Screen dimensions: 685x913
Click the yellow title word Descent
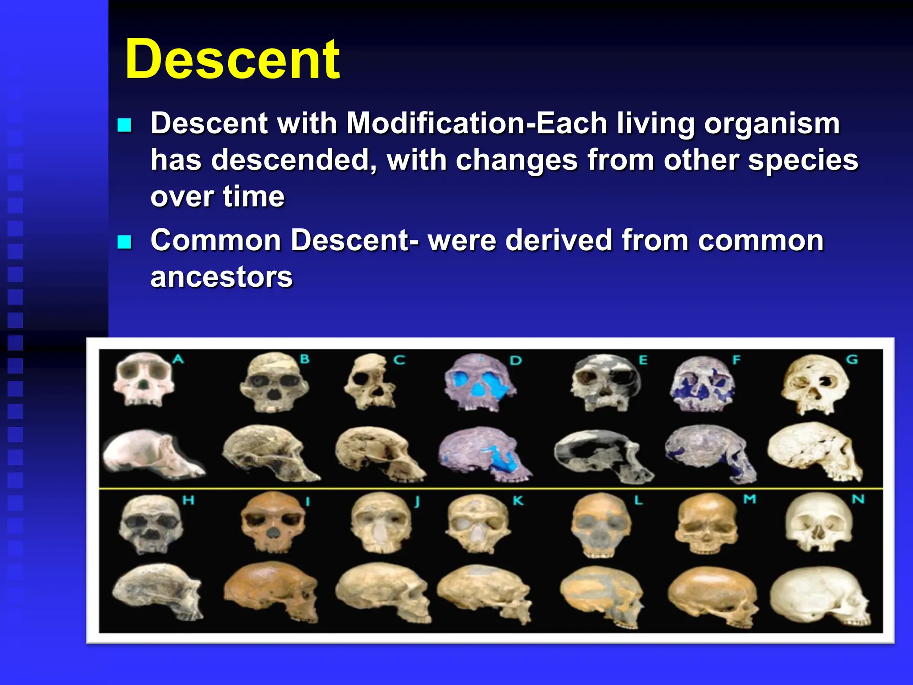[233, 59]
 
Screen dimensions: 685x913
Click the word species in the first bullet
[803, 160]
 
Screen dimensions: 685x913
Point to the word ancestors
[222, 277]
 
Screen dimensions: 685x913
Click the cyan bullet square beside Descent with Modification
[124, 125]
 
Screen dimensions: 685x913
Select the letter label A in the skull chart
[178, 359]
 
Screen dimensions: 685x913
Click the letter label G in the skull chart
[852, 359]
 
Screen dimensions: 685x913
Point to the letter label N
[858, 499]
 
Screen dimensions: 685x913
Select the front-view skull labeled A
[143, 379]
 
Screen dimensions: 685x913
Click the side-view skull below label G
[815, 451]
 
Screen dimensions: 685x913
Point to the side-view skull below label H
[157, 591]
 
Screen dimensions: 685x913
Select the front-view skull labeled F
[702, 384]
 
